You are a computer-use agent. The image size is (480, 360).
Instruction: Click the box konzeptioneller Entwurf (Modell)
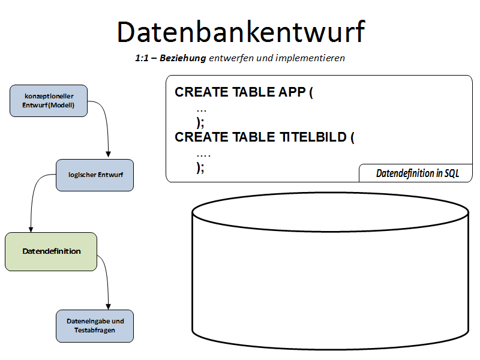tap(49, 101)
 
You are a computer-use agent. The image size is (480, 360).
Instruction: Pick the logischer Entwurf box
tap(95, 175)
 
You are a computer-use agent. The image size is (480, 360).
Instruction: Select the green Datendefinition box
tap(51, 251)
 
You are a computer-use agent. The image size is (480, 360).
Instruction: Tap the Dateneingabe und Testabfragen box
tap(95, 326)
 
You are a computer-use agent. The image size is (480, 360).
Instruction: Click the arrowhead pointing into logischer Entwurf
tap(109, 155)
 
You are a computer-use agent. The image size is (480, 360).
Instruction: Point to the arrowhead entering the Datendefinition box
tap(31, 228)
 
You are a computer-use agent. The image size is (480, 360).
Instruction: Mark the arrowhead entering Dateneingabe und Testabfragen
tap(109, 305)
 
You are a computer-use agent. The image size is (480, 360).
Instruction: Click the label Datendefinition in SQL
tap(417, 173)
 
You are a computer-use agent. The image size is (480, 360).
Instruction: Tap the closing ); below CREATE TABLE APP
tap(200, 122)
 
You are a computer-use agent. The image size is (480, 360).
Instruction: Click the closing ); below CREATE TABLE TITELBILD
tap(200, 167)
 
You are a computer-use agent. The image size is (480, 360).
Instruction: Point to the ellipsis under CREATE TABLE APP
tap(202, 110)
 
